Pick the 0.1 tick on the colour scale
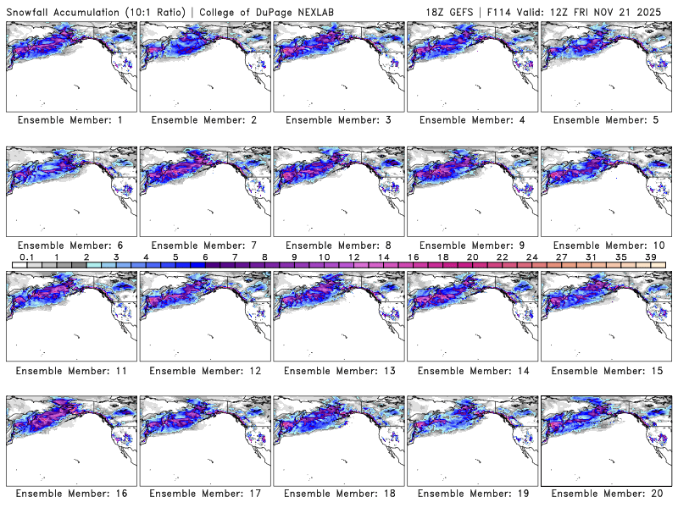pos(26,257)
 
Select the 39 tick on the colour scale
pos(649,257)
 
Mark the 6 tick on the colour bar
pos(204,257)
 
